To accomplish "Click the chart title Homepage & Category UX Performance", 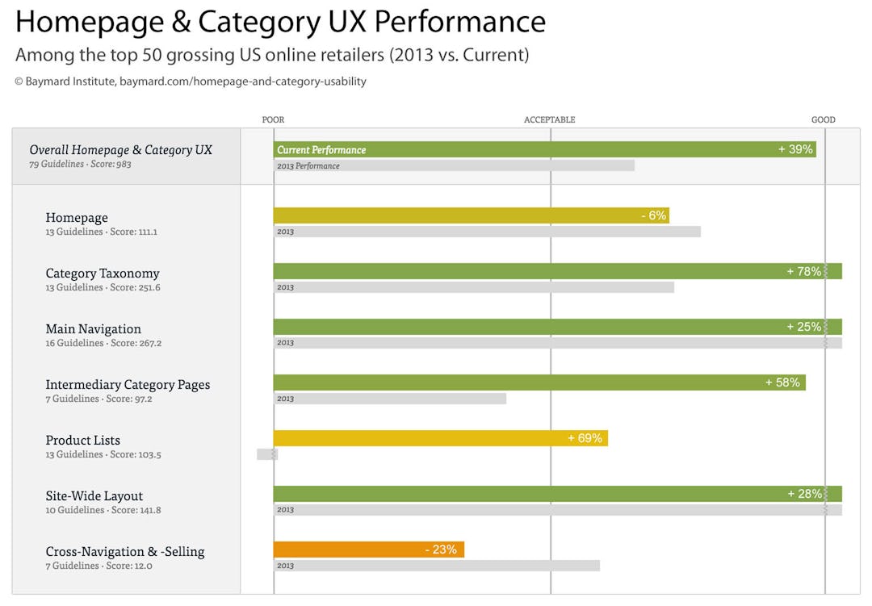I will pos(280,22).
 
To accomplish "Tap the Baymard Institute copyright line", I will pos(190,81).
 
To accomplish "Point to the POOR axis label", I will pos(273,119).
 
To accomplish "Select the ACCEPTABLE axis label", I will pos(549,119).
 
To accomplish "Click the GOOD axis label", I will pos(823,119).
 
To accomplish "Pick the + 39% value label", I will pos(795,149).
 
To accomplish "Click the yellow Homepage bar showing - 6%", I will pos(471,215).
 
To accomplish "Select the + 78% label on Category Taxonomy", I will pos(803,271).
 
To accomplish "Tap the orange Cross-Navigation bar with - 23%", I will pos(368,550).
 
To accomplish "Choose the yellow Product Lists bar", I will pos(440,438).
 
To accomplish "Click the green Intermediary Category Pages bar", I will pos(539,382).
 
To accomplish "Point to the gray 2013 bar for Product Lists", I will pos(266,454).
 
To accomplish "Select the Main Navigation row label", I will pos(93,328).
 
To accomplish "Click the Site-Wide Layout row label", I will pos(94,495).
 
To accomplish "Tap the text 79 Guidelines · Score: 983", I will pos(80,164).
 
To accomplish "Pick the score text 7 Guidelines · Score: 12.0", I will pos(99,566).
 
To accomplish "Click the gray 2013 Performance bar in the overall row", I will pos(454,165).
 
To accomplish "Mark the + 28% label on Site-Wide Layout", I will pos(804,494).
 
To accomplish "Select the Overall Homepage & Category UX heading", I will pos(120,149).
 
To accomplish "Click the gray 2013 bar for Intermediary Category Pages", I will pos(389,399).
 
